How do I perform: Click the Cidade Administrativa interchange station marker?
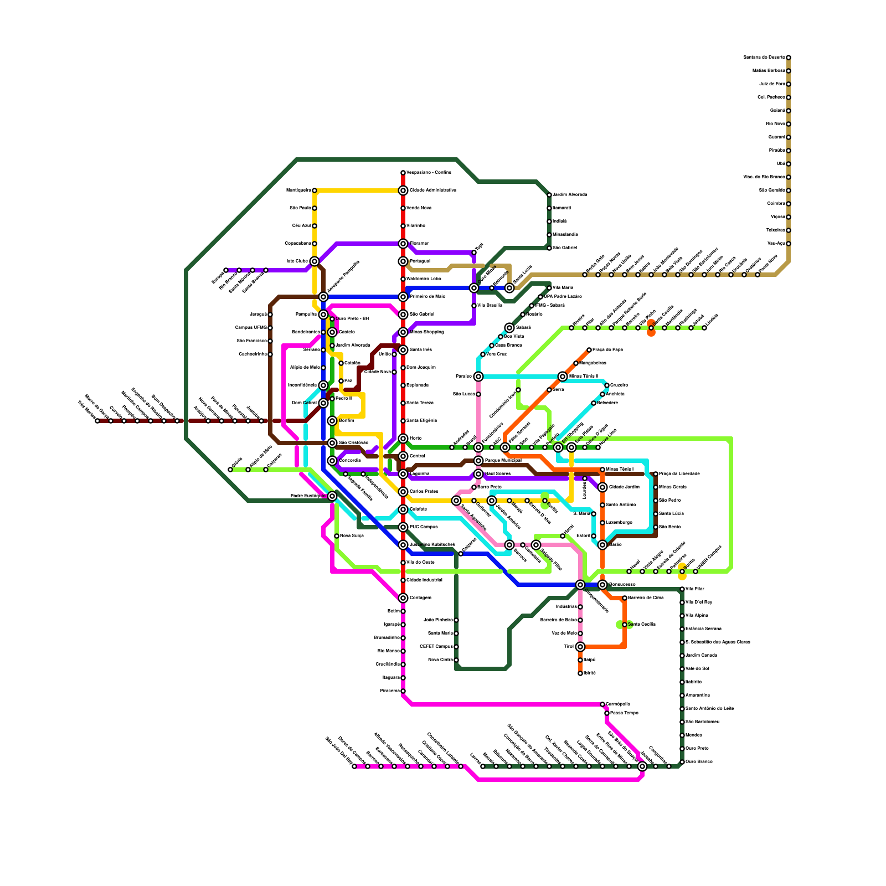[403, 190]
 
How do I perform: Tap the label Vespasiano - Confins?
[429, 173]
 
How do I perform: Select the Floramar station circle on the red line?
[403, 244]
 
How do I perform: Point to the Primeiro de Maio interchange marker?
[403, 297]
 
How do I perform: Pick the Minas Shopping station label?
[426, 332]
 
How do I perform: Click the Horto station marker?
[403, 439]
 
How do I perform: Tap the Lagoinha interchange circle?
[403, 474]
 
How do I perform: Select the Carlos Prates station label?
[424, 492]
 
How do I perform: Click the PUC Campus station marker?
[403, 527]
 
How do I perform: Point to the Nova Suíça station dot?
[337, 536]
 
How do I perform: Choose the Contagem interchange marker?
[403, 598]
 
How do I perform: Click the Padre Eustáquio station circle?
[332, 496]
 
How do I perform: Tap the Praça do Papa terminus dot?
[589, 350]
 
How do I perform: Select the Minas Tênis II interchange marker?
[563, 377]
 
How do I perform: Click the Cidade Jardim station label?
[625, 487]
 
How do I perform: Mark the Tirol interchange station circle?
[580, 647]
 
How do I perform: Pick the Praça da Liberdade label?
[679, 474]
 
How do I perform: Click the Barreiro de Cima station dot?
[625, 598]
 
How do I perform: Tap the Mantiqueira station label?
[298, 190]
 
